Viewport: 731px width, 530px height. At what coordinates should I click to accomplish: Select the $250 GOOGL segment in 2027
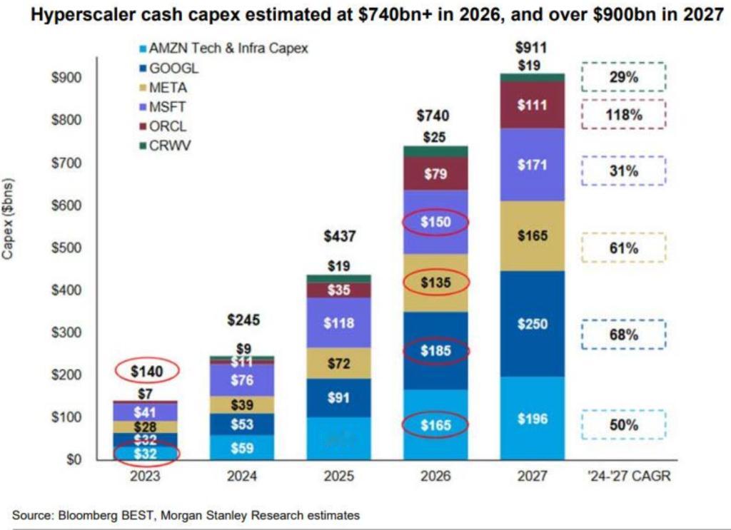pyautogui.click(x=531, y=325)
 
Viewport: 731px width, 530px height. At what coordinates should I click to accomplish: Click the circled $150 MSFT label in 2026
pyautogui.click(x=435, y=223)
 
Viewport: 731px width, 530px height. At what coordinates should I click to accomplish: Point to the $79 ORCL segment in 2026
pyautogui.click(x=435, y=174)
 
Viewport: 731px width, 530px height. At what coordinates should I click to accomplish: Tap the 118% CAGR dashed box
pyautogui.click(x=623, y=114)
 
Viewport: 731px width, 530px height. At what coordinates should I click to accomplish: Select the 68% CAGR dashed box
pyautogui.click(x=623, y=335)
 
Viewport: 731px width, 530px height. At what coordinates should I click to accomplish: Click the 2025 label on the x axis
pyautogui.click(x=339, y=476)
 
